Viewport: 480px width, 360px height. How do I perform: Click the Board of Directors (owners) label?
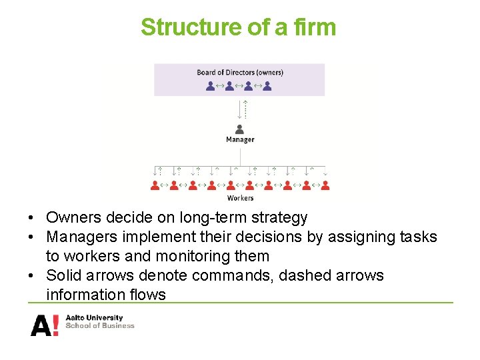tap(239, 72)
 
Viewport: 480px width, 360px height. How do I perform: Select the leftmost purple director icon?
tap(211, 85)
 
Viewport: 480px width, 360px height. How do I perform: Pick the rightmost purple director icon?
tap(267, 85)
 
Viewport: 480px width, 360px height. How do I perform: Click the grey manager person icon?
tap(239, 129)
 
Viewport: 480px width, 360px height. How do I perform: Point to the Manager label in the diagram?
tap(239, 140)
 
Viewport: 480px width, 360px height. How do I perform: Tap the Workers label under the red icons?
tap(240, 198)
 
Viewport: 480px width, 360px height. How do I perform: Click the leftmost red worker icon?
tap(155, 186)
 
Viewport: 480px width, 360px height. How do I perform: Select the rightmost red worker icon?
tap(325, 186)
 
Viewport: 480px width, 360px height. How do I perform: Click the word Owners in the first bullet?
tap(71, 217)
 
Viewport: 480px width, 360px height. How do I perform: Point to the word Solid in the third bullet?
tap(63, 275)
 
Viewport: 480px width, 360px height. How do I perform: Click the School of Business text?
tap(99, 326)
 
